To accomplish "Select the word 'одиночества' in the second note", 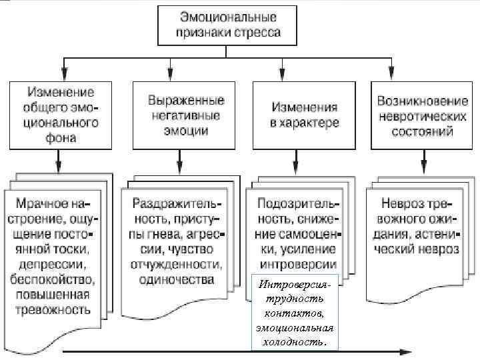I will [176, 279].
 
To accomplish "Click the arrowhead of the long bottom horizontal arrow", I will [407, 351].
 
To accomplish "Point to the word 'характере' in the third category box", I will [313, 123].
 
